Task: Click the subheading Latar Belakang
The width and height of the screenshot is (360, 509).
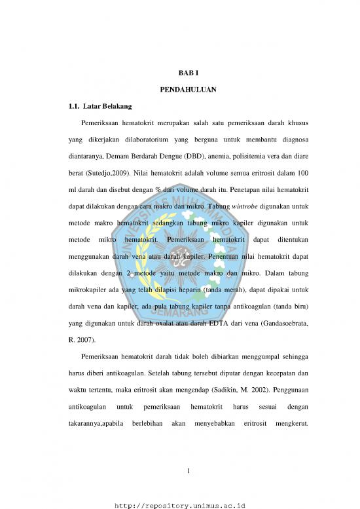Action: (98, 105)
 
